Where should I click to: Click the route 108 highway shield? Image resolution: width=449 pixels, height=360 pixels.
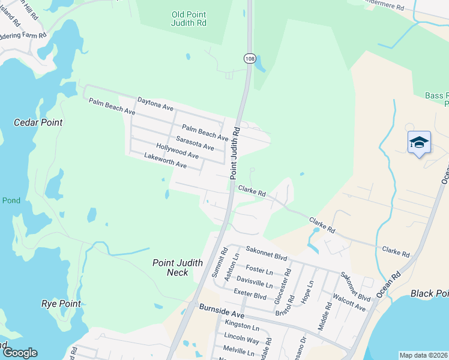coord(250,58)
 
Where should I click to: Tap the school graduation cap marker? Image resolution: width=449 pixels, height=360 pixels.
coord(419,143)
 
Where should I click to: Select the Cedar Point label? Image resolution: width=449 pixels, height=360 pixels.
coord(38,122)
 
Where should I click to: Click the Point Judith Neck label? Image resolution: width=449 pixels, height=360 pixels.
coord(170,268)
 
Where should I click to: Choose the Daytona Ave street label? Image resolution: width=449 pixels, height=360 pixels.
coord(155,104)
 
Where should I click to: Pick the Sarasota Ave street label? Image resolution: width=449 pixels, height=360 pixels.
coord(194,143)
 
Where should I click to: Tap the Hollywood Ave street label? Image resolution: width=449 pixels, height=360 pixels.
coord(177,151)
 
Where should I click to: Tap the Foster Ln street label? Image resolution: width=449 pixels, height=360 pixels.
coord(259,269)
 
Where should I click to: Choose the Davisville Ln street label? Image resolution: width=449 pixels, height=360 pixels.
coord(255,280)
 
